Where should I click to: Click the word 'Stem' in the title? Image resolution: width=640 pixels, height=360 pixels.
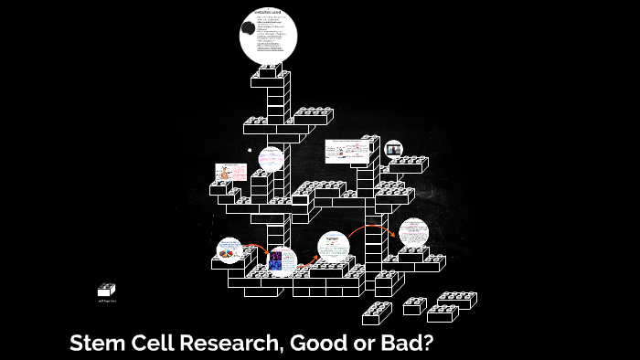pos(96,344)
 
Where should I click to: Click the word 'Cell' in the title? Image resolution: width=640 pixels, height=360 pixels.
pos(146,344)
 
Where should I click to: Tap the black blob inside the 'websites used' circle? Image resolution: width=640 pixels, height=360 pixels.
pos(251,31)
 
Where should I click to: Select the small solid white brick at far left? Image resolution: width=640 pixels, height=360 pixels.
pos(106,290)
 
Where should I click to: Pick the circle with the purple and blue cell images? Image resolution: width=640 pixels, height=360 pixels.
pos(282,261)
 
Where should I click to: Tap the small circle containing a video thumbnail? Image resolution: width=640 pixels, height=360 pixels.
pos(393,149)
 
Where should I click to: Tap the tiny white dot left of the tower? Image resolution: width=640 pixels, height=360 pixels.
pos(248,148)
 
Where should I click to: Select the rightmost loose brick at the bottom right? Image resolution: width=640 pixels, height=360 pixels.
pos(456,301)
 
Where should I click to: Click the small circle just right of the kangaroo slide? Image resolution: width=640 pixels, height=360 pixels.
pos(271,159)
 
